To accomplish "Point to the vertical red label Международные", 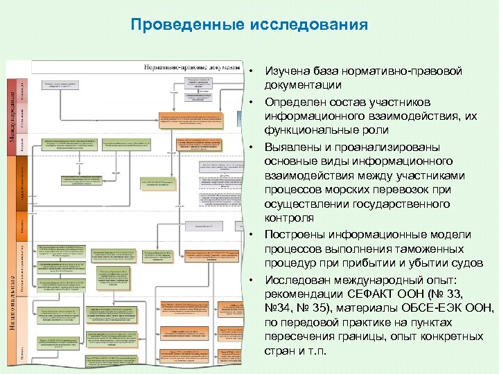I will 13,112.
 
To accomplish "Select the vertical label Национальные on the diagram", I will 13,298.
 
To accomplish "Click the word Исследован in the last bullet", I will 297,278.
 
